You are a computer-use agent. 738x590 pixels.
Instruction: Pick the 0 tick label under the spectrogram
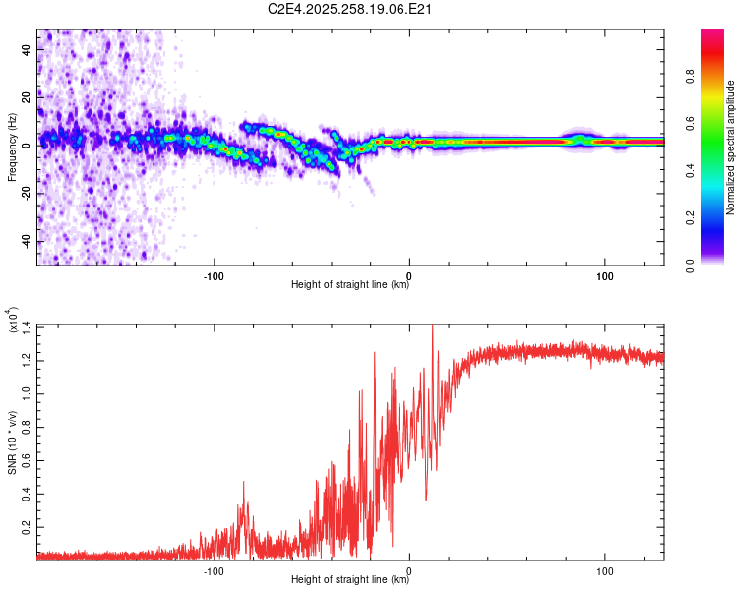click(x=409, y=274)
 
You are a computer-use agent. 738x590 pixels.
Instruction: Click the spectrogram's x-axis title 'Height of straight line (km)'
click(x=351, y=285)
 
